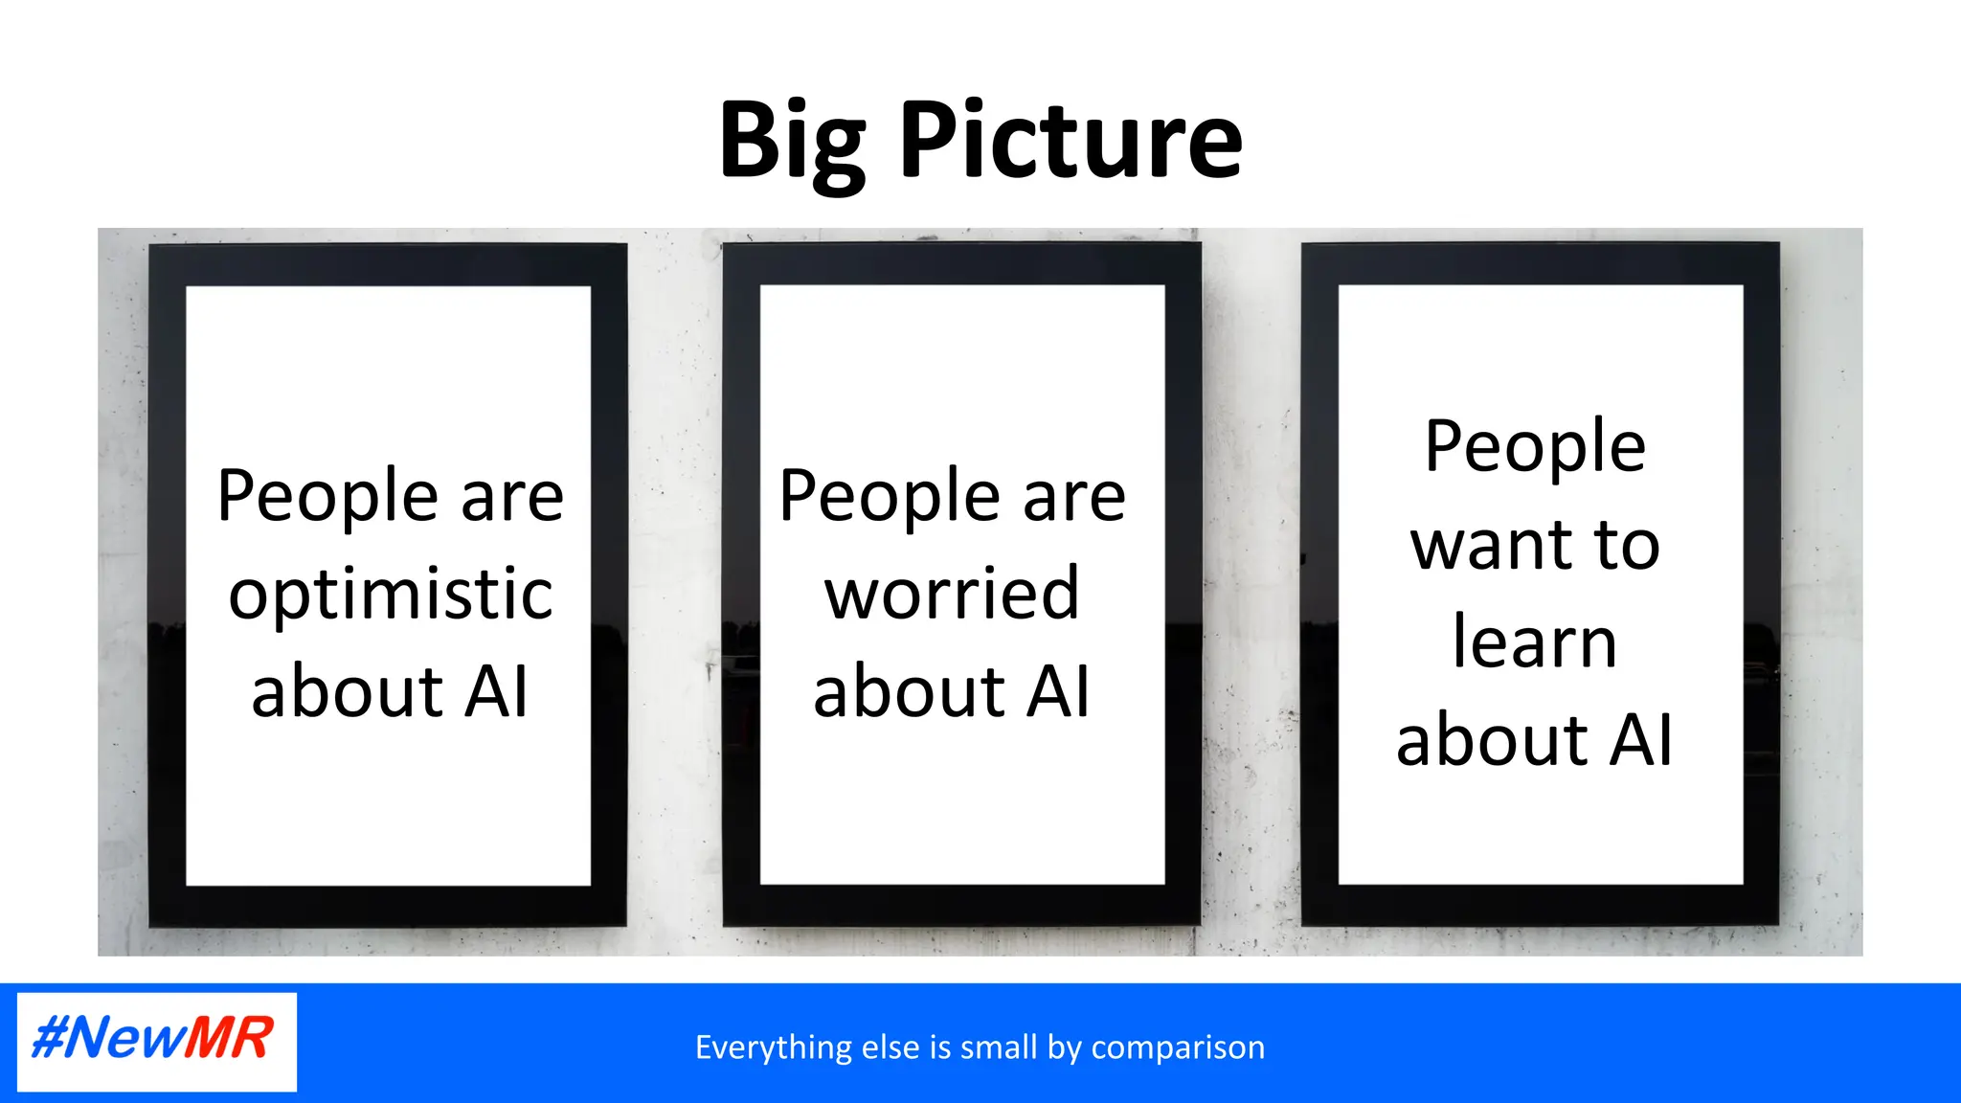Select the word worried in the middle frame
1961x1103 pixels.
(952, 594)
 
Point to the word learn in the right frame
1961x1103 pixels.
(1534, 642)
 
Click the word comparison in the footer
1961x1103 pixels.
(1178, 1048)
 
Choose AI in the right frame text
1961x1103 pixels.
(1640, 740)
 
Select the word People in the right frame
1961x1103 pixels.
(1535, 448)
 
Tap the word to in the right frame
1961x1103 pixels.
(1627, 546)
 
